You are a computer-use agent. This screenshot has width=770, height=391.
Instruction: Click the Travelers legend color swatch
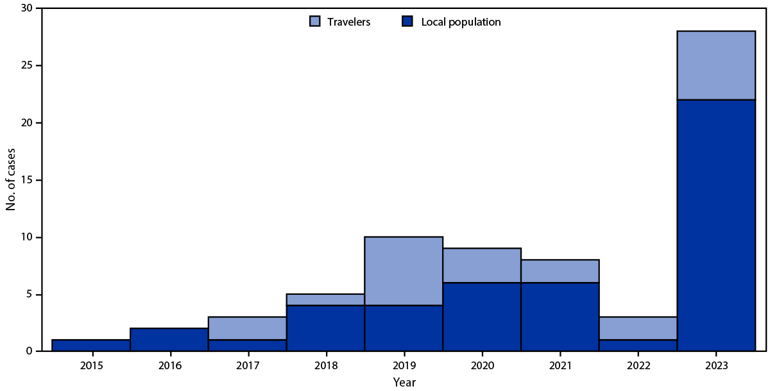314,22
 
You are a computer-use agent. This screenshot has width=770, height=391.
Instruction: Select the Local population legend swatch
407,22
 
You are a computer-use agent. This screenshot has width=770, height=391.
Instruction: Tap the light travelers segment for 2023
716,65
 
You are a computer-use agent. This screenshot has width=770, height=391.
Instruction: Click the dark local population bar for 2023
716,225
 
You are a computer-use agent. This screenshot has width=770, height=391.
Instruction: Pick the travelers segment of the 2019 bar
404,271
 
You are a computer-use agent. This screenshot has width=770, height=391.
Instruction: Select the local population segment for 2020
482,317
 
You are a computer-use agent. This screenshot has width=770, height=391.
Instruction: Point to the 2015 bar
91,345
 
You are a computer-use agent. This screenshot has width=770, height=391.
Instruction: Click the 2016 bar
169,340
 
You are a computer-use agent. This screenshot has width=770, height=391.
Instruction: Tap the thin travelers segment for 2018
325,300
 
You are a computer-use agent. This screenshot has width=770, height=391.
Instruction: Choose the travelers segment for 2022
638,328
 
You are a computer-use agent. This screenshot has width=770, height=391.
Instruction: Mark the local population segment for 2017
248,345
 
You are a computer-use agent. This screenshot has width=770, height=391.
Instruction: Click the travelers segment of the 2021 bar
560,271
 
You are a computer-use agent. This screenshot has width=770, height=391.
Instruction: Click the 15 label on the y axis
27,180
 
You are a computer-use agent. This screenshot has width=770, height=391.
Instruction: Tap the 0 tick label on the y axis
30,351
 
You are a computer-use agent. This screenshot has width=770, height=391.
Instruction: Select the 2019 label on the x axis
404,367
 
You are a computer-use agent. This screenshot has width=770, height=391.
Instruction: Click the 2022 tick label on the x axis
638,367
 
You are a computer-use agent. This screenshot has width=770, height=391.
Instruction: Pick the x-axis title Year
404,383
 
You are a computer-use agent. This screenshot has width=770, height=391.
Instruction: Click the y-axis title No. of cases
11,180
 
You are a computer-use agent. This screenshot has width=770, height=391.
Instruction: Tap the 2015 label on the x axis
91,367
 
